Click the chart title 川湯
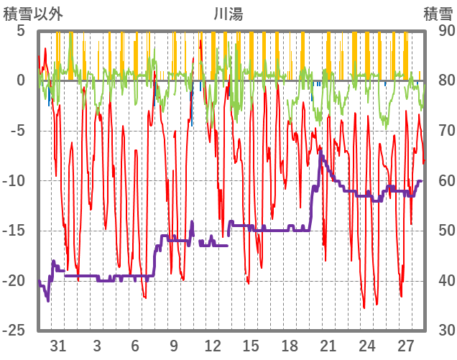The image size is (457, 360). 228,13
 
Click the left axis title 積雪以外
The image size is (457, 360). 33,13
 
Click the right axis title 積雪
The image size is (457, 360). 437,13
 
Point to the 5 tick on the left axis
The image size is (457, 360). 21,31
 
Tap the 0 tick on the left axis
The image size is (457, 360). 21,80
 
